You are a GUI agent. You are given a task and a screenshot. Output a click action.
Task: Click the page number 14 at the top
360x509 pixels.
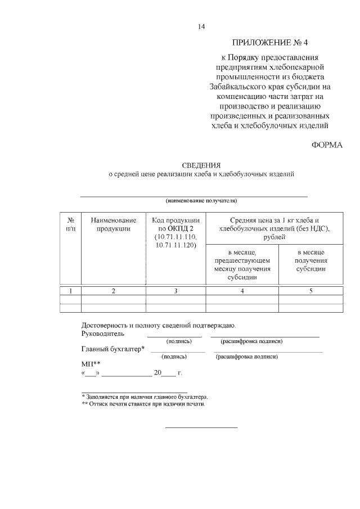(x=201, y=27)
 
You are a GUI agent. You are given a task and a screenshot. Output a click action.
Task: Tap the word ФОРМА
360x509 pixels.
(x=327, y=145)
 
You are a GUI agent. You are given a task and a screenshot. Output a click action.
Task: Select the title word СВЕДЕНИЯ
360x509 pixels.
(x=201, y=165)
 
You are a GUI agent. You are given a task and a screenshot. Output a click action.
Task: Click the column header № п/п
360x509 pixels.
(x=71, y=224)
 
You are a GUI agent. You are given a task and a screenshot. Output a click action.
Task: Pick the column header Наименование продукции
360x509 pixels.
(x=114, y=224)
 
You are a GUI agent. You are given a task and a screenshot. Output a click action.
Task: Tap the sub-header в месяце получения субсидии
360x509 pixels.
(x=311, y=260)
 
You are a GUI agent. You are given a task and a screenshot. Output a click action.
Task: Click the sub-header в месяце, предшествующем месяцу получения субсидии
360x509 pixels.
(x=242, y=264)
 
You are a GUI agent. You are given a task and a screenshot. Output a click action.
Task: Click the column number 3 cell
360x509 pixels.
(x=176, y=291)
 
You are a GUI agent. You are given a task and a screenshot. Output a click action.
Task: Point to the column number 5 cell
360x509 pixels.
(x=311, y=291)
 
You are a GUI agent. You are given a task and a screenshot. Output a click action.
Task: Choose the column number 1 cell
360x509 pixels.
(x=71, y=291)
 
